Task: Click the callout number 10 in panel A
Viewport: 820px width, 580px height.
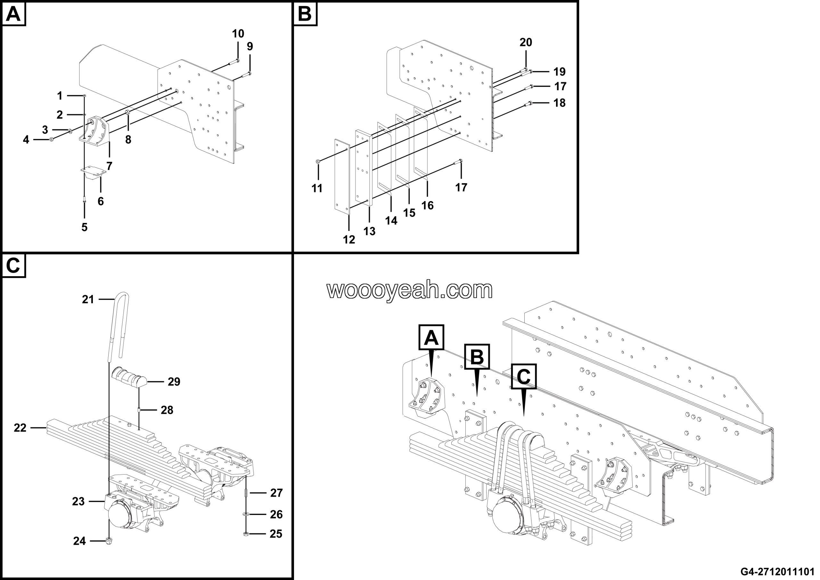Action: click(238, 34)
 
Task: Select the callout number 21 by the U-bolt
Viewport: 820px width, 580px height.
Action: click(88, 299)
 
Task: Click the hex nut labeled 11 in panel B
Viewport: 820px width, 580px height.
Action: click(318, 162)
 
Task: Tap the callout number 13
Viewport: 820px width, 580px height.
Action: click(369, 231)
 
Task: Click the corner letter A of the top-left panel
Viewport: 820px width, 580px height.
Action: click(13, 14)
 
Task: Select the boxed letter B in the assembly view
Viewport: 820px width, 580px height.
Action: click(477, 356)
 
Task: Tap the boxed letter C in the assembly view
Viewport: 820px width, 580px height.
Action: click(524, 377)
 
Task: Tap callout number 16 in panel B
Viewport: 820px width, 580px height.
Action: click(427, 205)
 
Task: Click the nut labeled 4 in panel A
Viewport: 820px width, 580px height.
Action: click(52, 139)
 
